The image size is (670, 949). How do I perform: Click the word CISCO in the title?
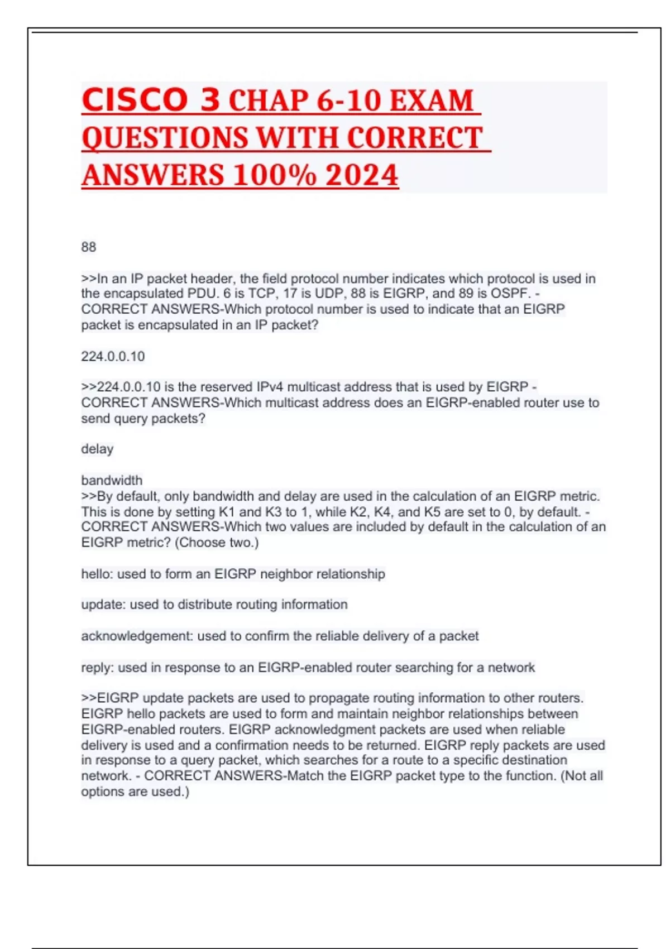point(135,100)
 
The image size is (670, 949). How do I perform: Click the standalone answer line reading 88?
point(89,247)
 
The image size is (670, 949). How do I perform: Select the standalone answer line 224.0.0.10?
point(113,356)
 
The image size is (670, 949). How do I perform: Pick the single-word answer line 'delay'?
point(97,449)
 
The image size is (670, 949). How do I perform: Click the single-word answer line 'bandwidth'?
point(112,480)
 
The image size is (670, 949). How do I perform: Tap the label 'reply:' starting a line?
point(98,667)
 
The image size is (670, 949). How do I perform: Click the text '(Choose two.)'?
point(217,543)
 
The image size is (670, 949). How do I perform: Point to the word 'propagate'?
point(337,698)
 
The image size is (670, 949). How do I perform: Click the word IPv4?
point(270,387)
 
